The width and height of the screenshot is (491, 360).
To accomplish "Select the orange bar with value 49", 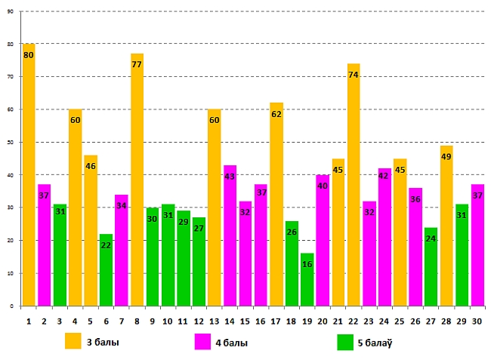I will [446, 226].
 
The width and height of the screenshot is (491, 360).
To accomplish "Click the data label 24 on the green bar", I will [431, 238].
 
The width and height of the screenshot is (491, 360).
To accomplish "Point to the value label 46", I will [91, 166].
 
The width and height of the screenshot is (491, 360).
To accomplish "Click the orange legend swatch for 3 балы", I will [73, 341].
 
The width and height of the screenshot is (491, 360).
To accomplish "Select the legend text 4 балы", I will [232, 343].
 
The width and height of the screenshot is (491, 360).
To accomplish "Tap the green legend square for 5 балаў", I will [345, 342].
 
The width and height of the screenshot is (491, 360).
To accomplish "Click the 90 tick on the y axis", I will [10, 12].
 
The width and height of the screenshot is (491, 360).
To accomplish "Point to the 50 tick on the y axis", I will [10, 143].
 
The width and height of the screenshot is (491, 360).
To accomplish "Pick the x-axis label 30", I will [477, 320].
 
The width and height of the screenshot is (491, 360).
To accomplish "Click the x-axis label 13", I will [214, 320].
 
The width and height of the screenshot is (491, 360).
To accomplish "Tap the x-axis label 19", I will [307, 320].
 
